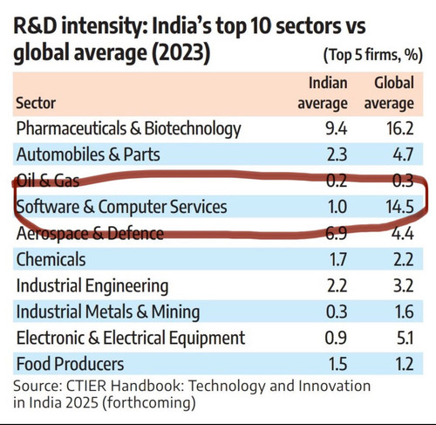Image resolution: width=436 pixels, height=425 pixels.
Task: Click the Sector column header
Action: [36, 103]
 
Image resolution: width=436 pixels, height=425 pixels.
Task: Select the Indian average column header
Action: [323, 93]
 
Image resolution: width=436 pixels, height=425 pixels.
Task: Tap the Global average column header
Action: [389, 93]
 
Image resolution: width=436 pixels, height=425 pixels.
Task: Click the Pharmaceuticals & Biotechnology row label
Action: [129, 128]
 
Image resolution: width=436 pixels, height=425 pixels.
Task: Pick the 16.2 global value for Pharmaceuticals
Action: [399, 128]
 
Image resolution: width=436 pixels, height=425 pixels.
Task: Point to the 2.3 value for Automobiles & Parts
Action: [337, 154]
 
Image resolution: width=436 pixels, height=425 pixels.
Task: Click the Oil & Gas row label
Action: [48, 181]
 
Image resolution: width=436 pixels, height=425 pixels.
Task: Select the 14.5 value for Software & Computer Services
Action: [399, 207]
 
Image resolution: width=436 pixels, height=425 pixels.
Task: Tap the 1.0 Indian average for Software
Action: [337, 207]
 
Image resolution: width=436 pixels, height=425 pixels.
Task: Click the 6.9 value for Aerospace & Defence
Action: [337, 233]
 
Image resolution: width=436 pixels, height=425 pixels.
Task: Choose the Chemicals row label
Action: [51, 259]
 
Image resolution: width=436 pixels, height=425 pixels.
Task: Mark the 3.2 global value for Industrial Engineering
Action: [404, 285]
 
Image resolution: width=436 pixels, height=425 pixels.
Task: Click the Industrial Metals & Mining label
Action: [108, 312]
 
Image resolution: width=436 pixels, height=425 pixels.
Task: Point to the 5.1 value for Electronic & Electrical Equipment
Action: [405, 338]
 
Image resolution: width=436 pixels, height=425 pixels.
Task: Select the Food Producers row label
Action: [70, 364]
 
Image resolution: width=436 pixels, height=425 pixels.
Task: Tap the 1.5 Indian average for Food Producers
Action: [337, 364]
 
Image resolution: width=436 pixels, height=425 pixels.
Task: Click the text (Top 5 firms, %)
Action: [373, 55]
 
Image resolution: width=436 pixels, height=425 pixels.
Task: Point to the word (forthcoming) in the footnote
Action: [149, 403]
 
